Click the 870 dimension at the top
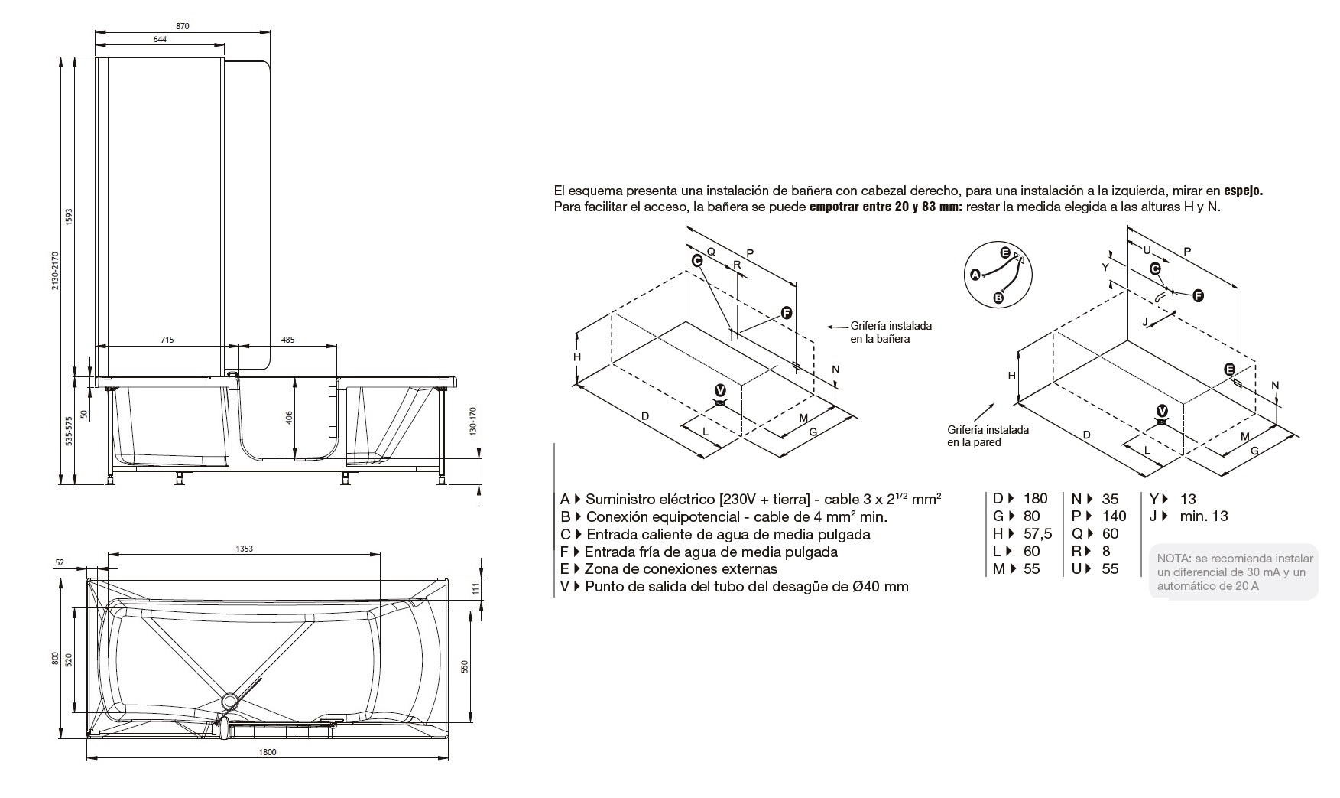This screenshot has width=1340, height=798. tap(182, 26)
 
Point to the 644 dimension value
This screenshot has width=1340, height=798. tap(160, 40)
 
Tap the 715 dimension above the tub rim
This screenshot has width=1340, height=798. tap(167, 340)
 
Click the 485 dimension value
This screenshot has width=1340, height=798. tap(288, 340)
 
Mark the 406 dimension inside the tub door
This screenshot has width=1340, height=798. tap(289, 419)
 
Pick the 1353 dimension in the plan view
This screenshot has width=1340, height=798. tap(244, 548)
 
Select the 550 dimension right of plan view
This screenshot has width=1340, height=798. tap(464, 666)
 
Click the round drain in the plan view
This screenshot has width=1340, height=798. tap(229, 700)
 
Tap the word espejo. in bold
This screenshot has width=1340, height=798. tap(1243, 191)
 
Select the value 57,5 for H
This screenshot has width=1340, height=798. tap(1037, 534)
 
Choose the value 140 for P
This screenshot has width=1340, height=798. tap(1115, 516)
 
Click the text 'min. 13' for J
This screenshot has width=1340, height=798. tap(1203, 516)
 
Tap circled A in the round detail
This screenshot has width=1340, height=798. tap(975, 274)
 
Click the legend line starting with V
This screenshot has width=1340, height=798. tap(734, 587)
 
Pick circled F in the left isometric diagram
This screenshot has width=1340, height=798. tap(787, 313)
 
